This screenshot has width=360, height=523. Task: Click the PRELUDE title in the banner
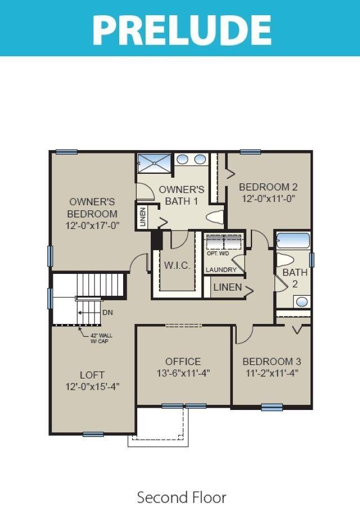[182, 29]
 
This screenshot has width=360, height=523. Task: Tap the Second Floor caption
[182, 497]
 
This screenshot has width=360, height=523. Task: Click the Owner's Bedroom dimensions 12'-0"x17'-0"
[92, 226]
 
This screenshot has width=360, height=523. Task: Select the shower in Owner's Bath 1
[154, 163]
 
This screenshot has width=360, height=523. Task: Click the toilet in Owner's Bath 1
[214, 217]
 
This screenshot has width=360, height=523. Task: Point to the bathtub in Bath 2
[293, 241]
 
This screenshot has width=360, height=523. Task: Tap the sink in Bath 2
[302, 302]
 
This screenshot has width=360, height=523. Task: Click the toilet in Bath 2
[284, 260]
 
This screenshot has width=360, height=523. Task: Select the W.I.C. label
[177, 265]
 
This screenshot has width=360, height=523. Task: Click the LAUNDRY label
[221, 269]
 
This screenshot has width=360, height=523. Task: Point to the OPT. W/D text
[218, 254]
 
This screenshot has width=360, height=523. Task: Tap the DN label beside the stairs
[108, 313]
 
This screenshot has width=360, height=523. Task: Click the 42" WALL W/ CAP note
[101, 338]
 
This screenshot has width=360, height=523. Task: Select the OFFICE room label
[183, 362]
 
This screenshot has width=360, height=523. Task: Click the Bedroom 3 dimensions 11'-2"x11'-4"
[272, 373]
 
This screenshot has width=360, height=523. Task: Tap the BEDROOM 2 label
[268, 187]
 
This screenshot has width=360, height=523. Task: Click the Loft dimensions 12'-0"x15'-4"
[92, 386]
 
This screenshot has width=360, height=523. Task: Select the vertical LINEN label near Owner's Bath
[143, 217]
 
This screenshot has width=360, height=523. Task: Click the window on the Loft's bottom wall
[93, 434]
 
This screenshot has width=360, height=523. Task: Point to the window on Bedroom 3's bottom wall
[272, 407]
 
